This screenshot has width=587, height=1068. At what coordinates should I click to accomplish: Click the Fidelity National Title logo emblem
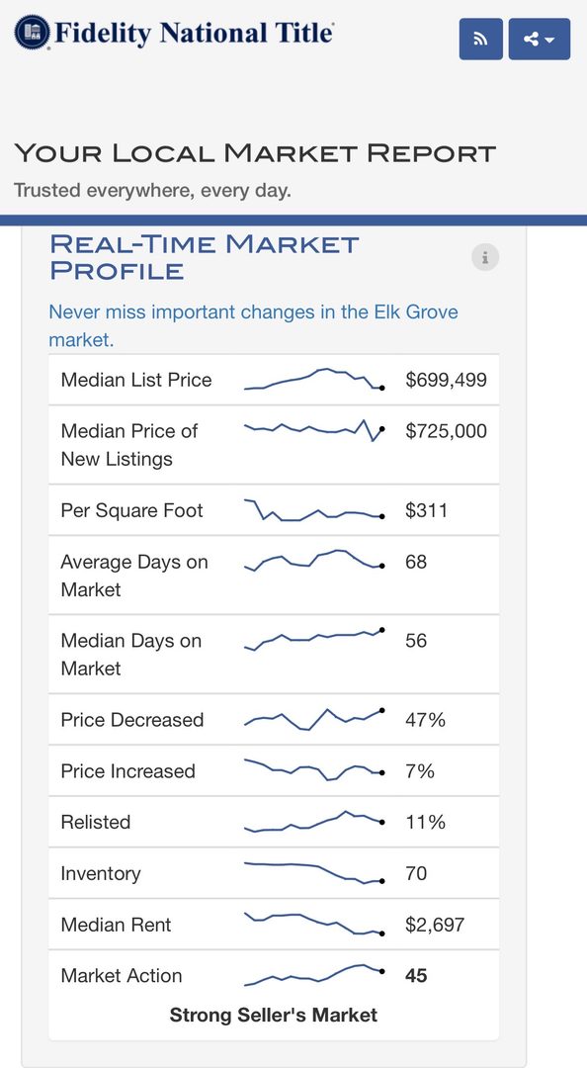tap(32, 32)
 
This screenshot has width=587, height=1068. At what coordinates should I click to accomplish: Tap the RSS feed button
tap(481, 39)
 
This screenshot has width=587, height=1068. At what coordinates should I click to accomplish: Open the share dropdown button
tap(540, 39)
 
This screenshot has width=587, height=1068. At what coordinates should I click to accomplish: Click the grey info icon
tap(485, 257)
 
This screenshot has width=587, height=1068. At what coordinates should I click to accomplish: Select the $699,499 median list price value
tap(446, 380)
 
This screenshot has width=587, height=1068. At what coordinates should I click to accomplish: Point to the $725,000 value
tap(446, 430)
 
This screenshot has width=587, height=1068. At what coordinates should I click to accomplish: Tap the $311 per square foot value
tap(426, 510)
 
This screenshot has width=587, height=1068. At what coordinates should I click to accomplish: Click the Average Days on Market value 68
tap(416, 562)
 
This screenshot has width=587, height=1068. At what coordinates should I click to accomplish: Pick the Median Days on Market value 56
tap(416, 640)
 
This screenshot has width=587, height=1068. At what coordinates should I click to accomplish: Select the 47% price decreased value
tap(425, 719)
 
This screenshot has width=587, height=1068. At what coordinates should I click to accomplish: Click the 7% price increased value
tap(419, 771)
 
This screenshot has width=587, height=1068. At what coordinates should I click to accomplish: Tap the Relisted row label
tap(95, 822)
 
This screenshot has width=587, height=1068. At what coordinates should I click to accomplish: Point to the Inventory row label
tap(101, 874)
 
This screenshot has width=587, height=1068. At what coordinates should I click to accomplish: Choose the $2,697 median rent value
tap(435, 925)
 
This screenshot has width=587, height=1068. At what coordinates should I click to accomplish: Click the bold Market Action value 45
tap(416, 975)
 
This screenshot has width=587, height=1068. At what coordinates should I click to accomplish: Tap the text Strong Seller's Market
tap(273, 1015)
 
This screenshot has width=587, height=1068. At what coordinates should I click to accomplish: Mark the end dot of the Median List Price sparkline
tap(382, 388)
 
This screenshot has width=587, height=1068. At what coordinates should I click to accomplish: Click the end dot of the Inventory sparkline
tap(382, 881)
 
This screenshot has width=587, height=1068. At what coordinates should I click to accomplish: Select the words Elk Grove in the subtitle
tap(416, 311)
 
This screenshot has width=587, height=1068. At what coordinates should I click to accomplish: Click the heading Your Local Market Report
tap(255, 153)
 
